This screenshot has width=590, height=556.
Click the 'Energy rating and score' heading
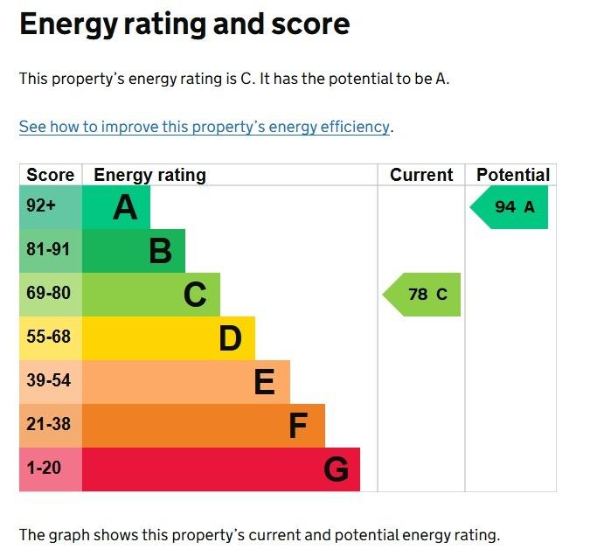(184, 24)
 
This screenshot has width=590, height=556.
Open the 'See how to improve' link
(205, 127)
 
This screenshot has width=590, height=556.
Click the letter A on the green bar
(125, 208)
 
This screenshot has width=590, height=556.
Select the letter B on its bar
(160, 252)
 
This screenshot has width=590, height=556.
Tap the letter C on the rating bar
(195, 295)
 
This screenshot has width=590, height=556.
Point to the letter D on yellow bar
(230, 338)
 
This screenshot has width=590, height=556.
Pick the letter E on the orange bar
(264, 382)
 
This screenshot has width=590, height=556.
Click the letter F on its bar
(298, 426)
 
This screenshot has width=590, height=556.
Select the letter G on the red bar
(336, 470)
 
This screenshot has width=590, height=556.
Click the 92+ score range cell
(41, 207)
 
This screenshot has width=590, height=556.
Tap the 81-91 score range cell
(48, 250)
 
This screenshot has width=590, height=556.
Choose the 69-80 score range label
(48, 294)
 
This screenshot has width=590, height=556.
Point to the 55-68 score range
(48, 337)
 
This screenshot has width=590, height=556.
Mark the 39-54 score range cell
(48, 381)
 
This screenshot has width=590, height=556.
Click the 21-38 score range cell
(48, 425)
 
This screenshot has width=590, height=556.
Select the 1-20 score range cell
(44, 469)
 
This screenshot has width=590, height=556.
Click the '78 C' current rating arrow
(424, 295)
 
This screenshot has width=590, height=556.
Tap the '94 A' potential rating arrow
(511, 207)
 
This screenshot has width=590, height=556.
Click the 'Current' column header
(421, 175)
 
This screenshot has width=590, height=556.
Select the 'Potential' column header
(512, 175)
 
